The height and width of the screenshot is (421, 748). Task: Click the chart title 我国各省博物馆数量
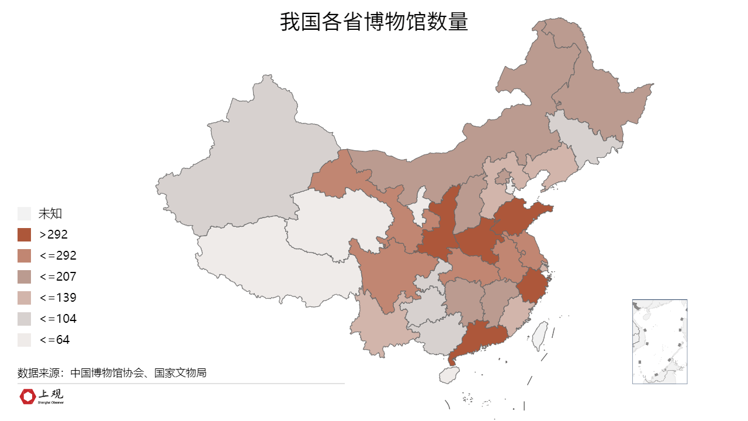(x=374, y=22)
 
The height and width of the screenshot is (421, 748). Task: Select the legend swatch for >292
(x=25, y=234)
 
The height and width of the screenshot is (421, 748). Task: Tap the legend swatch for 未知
(x=25, y=213)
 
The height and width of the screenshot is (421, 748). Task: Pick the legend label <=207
(x=58, y=277)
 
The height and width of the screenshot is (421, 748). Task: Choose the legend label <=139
(x=58, y=298)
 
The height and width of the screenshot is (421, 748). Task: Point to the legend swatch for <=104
(x=25, y=319)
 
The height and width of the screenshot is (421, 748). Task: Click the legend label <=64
(x=54, y=340)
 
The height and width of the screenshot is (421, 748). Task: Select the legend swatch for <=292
(x=25, y=256)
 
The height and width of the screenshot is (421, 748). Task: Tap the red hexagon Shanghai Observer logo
(x=27, y=396)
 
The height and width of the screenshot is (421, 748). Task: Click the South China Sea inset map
(x=659, y=341)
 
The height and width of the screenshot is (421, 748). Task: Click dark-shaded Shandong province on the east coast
(x=517, y=216)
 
